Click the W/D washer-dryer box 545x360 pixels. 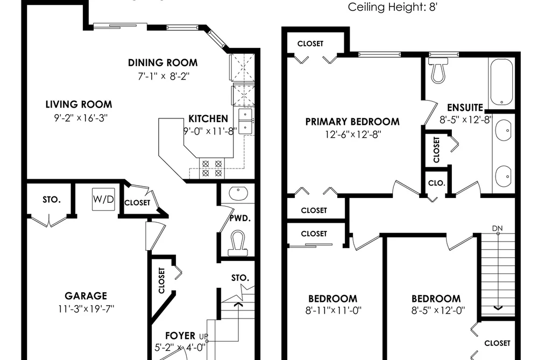click(103, 200)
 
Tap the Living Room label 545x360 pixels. click(79, 104)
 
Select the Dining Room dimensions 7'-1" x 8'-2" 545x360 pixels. click(164, 76)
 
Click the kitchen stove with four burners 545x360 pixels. click(211, 168)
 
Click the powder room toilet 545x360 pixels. click(237, 243)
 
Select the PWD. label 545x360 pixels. click(240, 218)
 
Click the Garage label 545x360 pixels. click(86, 296)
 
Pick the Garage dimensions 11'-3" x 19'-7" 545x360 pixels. click(86, 308)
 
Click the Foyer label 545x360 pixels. click(180, 336)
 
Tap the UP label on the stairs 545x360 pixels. click(204, 336)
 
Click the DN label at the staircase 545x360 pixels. click(497, 228)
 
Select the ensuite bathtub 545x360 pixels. click(501, 82)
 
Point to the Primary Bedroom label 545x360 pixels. click(352, 122)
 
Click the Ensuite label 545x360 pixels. click(465, 108)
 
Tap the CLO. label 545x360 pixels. click(437, 183)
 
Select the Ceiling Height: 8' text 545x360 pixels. click(392, 7)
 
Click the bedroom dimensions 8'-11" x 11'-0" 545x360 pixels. click(334, 310)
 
